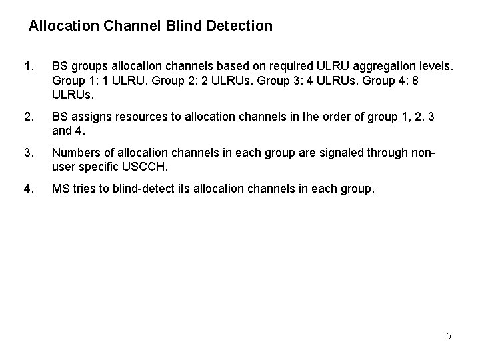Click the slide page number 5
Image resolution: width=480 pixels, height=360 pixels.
click(x=449, y=336)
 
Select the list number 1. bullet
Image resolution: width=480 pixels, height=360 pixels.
click(x=28, y=67)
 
